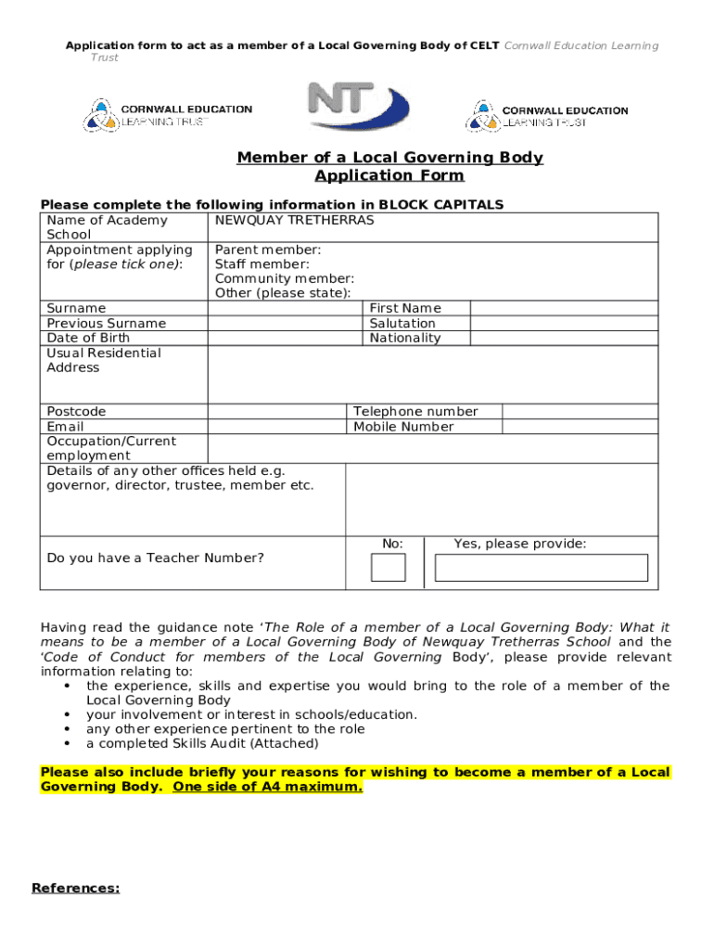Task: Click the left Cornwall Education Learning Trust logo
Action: click(168, 115)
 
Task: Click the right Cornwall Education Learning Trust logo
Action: click(546, 115)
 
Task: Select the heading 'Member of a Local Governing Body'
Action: click(389, 158)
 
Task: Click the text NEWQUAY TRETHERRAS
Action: click(294, 221)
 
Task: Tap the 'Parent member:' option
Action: click(268, 250)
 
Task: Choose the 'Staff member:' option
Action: click(261, 264)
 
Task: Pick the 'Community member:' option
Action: click(284, 279)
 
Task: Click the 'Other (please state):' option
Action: click(283, 293)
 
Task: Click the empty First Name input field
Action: click(564, 308)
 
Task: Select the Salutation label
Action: click(402, 324)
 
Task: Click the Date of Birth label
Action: click(89, 338)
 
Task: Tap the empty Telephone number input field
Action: click(580, 412)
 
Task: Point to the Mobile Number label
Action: click(403, 427)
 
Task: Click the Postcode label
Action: click(76, 412)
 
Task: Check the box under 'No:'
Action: click(389, 567)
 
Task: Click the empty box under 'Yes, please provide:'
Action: click(541, 567)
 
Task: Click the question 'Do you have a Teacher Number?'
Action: click(155, 558)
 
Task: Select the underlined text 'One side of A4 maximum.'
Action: click(268, 787)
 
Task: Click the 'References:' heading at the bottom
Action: click(75, 889)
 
